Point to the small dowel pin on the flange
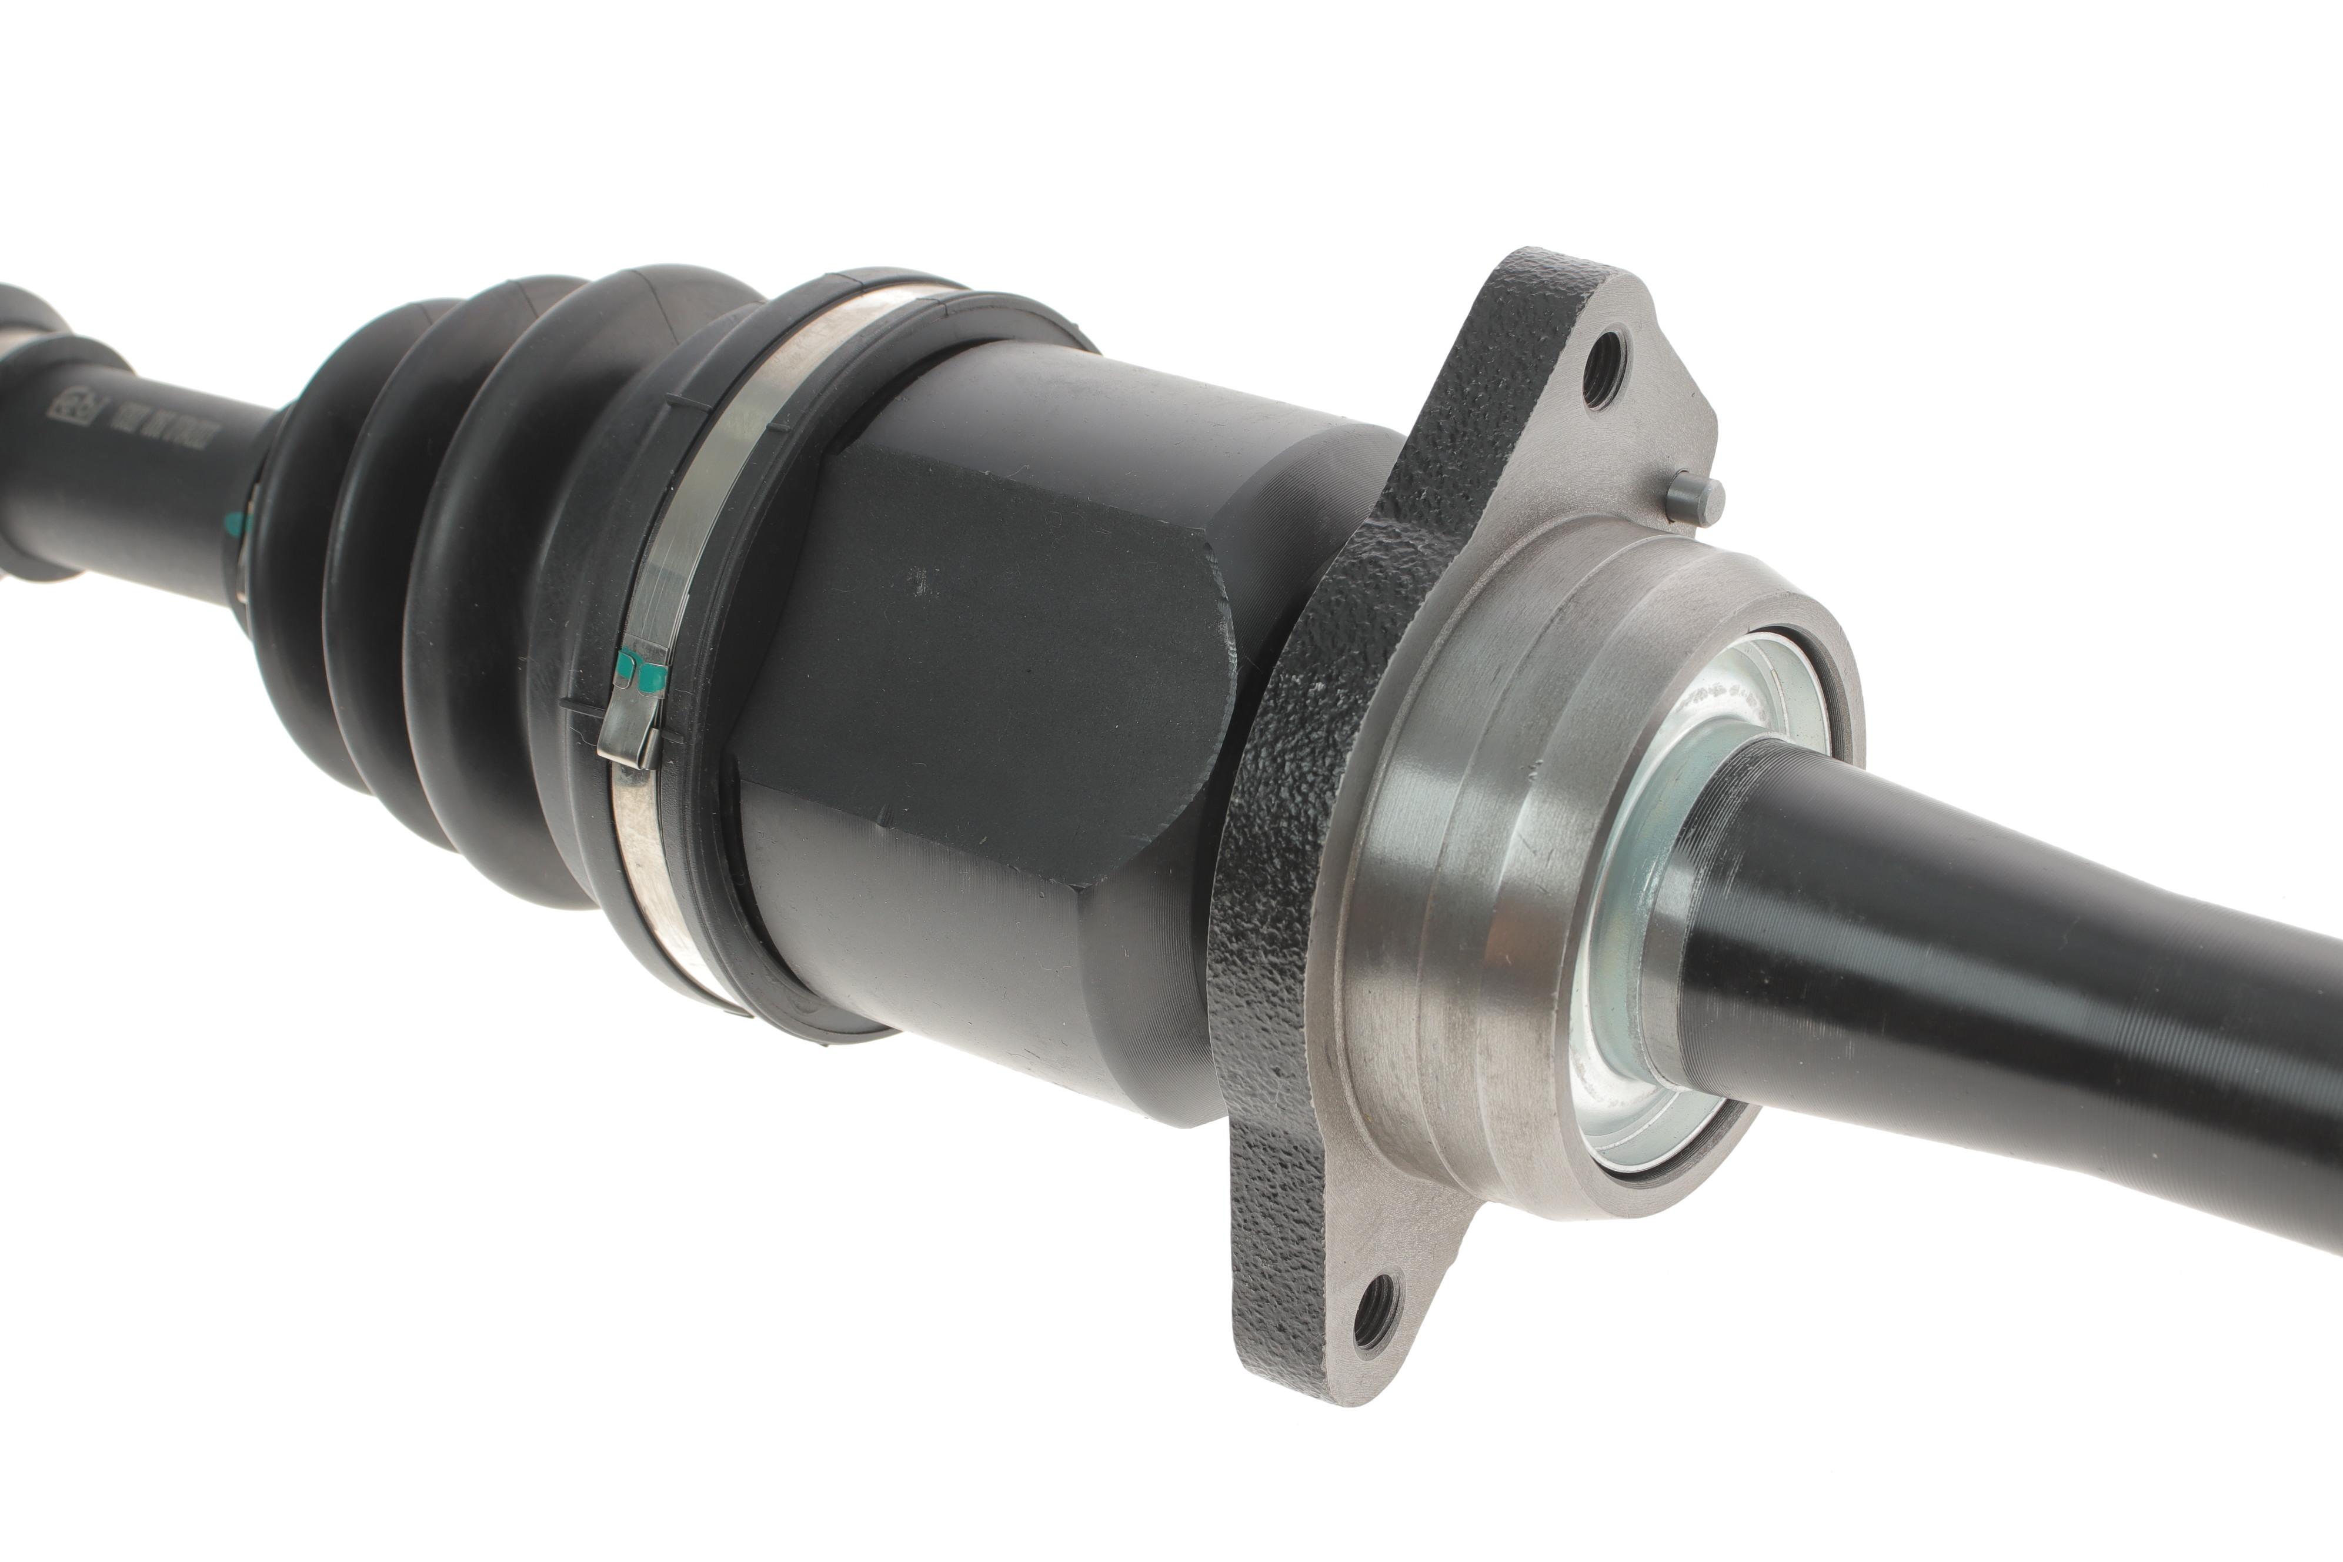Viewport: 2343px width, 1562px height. tap(1695, 498)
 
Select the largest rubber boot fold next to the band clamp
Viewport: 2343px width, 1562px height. tap(498, 598)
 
